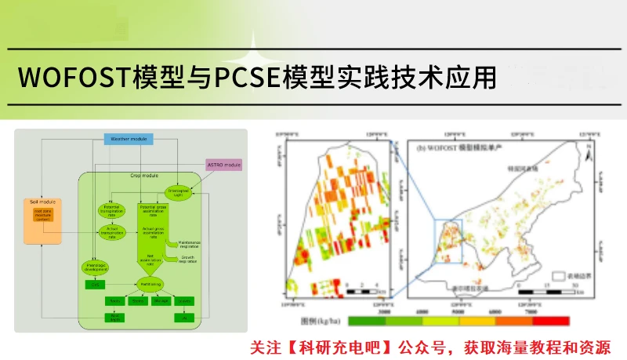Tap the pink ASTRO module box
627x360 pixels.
223,165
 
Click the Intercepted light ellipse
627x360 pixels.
179,192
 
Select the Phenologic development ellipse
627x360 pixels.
93,267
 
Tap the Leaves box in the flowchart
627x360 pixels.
115,300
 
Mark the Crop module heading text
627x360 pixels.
141,176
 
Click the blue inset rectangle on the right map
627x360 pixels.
448,242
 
